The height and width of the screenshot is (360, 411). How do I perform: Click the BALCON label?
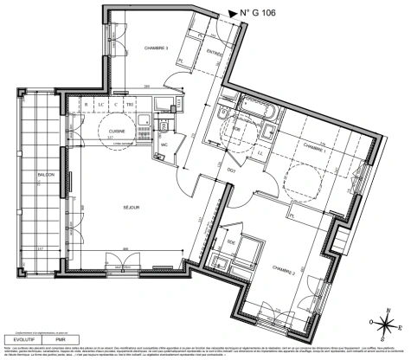tap(45, 175)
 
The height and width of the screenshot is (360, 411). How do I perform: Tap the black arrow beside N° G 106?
tap(232, 13)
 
